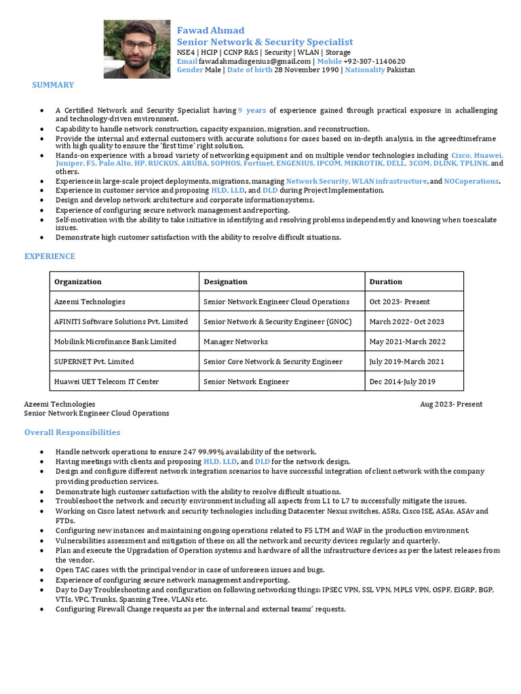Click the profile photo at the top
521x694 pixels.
tap(137, 49)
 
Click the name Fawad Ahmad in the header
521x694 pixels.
tap(210, 30)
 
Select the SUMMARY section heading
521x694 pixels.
tap(53, 85)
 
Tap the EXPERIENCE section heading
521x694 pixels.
tap(50, 256)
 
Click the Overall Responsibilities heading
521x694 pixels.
tap(72, 432)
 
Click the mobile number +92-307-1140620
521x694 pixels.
tap(374, 61)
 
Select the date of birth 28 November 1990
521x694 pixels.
tap(306, 70)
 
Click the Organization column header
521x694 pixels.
tap(78, 281)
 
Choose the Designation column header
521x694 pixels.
tap(225, 281)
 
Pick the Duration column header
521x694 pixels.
tap(385, 281)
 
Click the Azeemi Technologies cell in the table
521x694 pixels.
tap(90, 302)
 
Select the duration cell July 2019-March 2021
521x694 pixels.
tap(407, 361)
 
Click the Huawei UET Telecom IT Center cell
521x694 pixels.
tap(107, 382)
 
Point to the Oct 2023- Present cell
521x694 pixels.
tap(400, 302)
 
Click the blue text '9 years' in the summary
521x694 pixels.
tap(252, 110)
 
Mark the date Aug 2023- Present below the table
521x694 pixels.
tap(451, 404)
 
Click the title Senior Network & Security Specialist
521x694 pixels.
tap(265, 42)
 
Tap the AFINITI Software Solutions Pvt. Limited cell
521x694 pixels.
tap(121, 321)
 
